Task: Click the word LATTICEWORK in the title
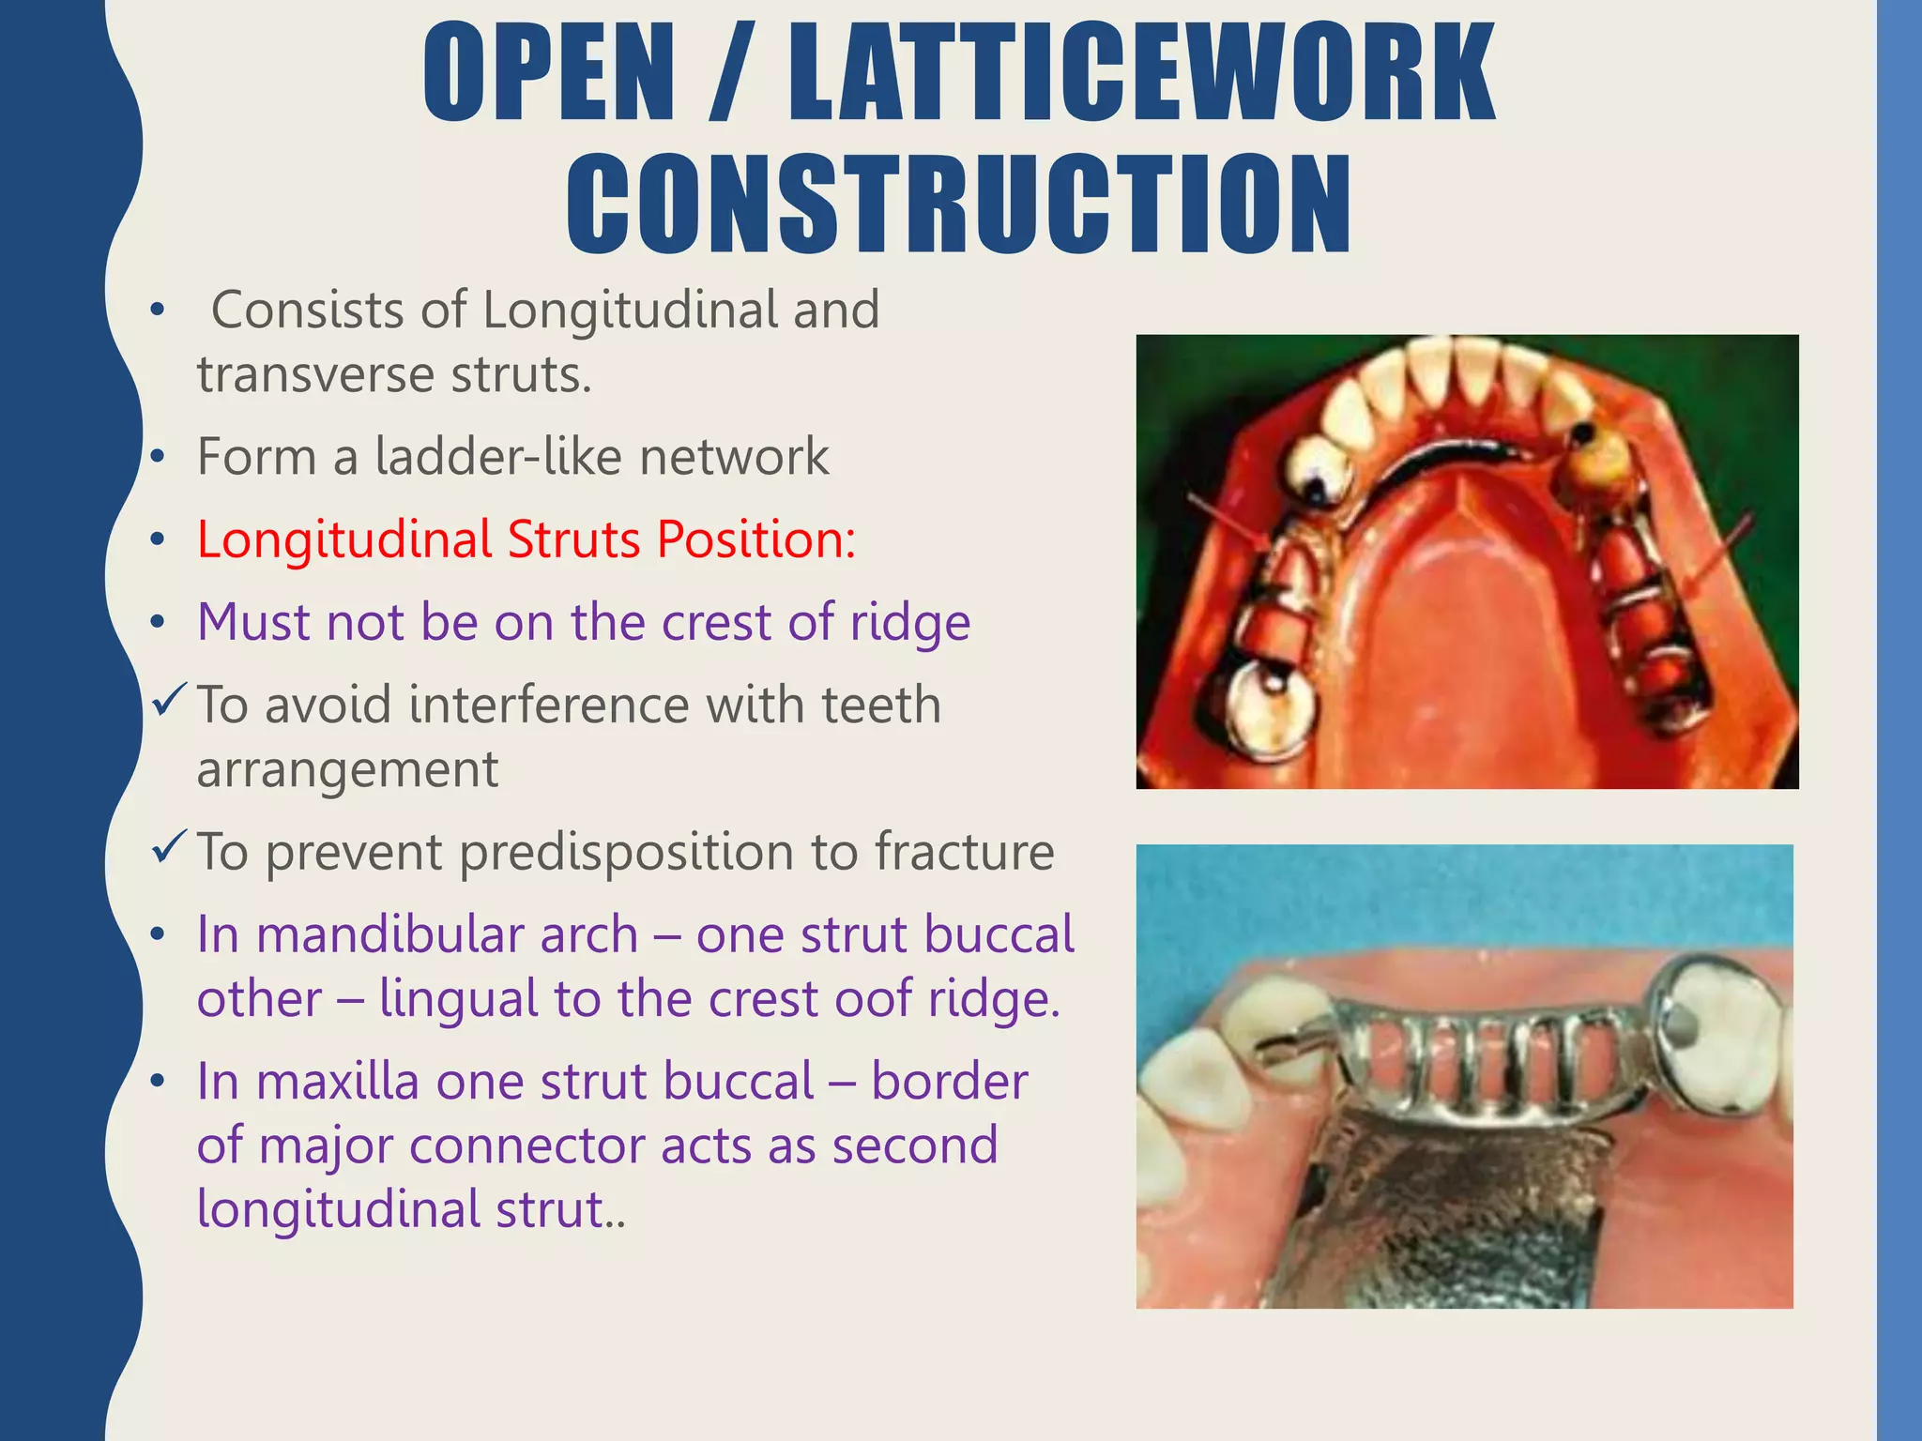click(x=1140, y=73)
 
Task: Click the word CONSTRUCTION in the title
click(x=958, y=205)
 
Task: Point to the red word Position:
click(x=755, y=539)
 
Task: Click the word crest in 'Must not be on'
click(x=718, y=622)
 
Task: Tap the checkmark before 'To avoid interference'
click(x=169, y=701)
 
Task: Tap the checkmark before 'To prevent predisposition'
click(x=169, y=848)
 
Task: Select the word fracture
click(x=964, y=852)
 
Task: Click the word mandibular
click(x=447, y=935)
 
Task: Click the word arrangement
click(x=347, y=770)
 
